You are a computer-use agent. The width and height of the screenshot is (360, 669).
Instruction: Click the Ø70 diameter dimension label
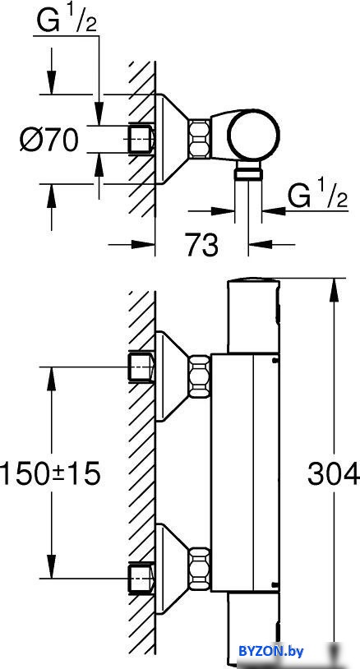pyautogui.click(x=49, y=140)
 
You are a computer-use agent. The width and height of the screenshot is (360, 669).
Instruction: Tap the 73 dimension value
pyautogui.click(x=201, y=245)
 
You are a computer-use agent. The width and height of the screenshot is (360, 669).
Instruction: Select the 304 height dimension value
pyautogui.click(x=334, y=473)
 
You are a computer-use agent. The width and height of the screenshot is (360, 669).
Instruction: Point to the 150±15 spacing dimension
pyautogui.click(x=50, y=473)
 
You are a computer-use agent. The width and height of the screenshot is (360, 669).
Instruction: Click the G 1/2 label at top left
pyautogui.click(x=67, y=22)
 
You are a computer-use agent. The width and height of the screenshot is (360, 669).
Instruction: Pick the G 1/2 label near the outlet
pyautogui.click(x=318, y=196)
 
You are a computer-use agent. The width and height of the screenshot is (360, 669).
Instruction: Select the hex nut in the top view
pyautogui.click(x=200, y=139)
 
